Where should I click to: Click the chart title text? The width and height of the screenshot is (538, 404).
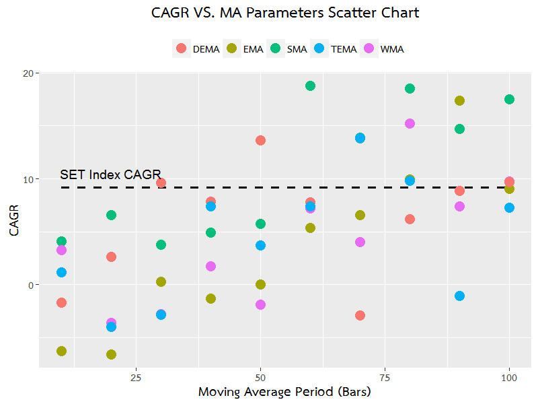pos(285,13)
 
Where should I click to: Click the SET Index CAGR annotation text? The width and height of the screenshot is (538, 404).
pos(110,175)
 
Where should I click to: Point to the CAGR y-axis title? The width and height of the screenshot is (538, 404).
pos(13,220)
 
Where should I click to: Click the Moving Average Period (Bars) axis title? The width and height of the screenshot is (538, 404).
pos(284,391)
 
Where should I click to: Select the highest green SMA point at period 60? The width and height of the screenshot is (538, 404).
pos(310,86)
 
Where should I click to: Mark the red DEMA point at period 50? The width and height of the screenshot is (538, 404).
pos(260,140)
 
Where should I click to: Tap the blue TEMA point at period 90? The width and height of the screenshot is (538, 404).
pos(459,296)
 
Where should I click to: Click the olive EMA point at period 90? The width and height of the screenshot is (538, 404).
pos(459,100)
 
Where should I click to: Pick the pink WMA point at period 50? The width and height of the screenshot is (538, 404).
pos(260,304)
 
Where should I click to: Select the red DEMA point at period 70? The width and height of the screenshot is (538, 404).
pos(360,315)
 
